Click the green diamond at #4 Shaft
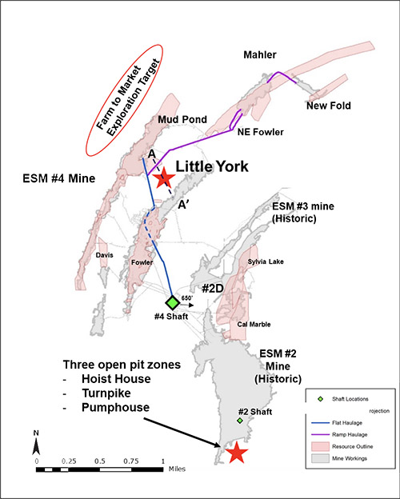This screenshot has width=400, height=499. point(173,302)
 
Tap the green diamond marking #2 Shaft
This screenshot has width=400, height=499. point(240,421)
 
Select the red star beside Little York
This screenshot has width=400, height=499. point(164,178)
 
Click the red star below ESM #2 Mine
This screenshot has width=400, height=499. point(236,453)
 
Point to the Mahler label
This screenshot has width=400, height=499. point(260,54)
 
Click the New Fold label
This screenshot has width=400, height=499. point(329,106)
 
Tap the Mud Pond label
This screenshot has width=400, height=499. point(182,120)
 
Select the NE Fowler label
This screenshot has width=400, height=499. point(261,132)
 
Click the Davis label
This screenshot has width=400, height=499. point(105,255)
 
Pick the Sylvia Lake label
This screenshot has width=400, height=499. point(266,261)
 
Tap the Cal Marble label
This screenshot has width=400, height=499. point(254,325)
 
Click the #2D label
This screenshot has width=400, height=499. point(213,289)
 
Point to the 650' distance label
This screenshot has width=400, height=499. point(187,298)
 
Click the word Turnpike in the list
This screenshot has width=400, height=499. point(106,393)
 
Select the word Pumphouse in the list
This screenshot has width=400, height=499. point(116,407)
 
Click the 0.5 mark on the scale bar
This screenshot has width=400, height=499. point(100,461)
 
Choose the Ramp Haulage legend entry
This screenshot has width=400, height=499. point(350,435)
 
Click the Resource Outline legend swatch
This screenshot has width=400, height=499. point(320,446)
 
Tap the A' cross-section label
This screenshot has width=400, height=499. point(183,206)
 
